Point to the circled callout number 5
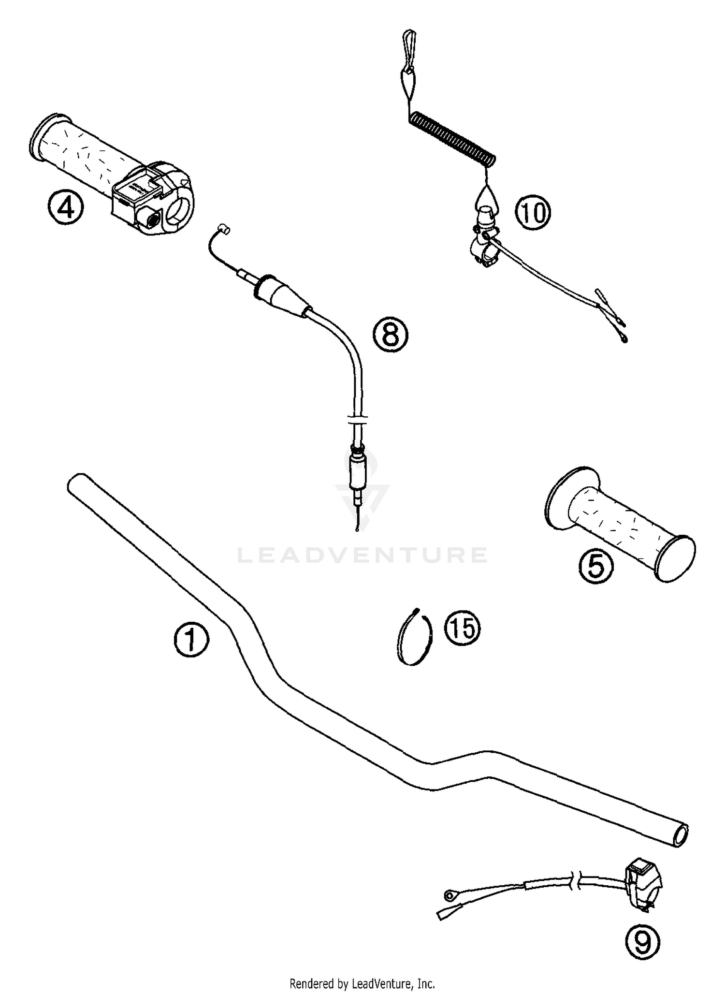click(595, 568)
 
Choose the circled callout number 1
click(191, 640)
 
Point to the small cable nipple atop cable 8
click(223, 228)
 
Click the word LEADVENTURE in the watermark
click(362, 555)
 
